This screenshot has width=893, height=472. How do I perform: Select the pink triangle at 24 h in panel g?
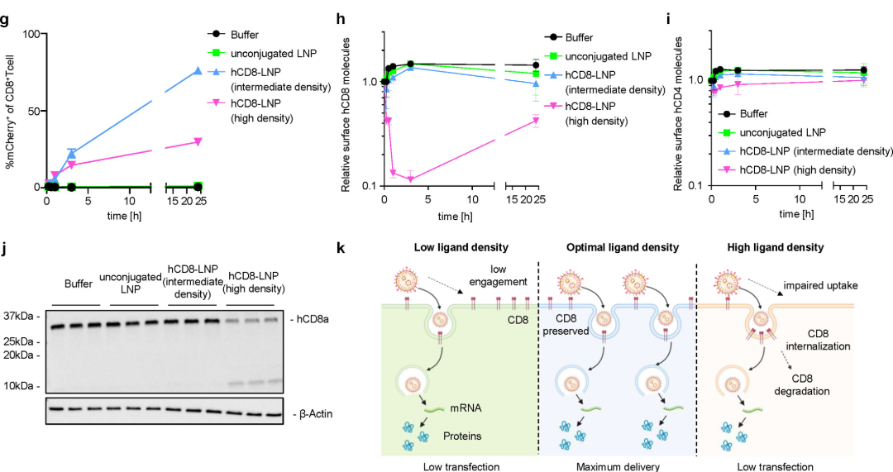point(198,141)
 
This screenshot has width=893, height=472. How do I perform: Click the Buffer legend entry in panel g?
point(246,34)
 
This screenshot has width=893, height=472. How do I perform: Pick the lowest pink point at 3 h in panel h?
point(410,179)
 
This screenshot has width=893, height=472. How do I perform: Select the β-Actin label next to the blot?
point(318,414)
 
